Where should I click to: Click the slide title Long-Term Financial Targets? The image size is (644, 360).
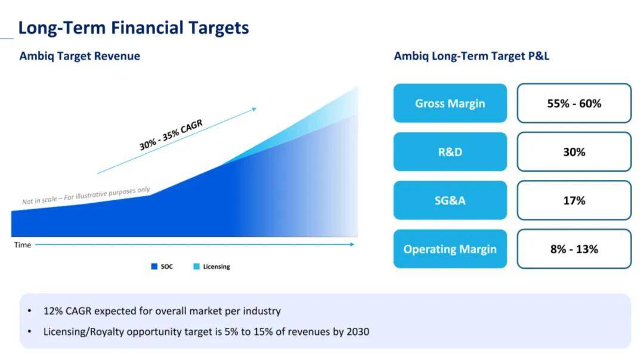[x=134, y=28]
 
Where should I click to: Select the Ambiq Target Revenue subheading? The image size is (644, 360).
[x=80, y=56]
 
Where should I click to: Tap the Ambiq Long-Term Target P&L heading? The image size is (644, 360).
[x=472, y=56]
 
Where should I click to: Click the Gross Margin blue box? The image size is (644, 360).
[x=450, y=103]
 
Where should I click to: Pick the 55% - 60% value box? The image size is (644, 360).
[x=574, y=103]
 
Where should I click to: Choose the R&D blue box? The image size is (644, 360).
[x=450, y=151]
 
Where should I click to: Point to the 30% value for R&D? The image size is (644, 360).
[x=574, y=151]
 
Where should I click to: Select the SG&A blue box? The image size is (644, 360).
[x=450, y=200]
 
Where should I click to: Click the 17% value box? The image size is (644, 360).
[x=574, y=200]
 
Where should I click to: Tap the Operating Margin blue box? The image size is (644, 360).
[x=450, y=249]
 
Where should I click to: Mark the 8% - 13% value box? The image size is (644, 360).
[x=574, y=249]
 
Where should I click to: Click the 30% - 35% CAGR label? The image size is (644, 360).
[x=171, y=135]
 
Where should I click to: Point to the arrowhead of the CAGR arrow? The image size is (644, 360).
[x=254, y=109]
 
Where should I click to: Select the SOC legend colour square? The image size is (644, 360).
[x=154, y=266]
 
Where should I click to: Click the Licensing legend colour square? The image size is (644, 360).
[x=196, y=266]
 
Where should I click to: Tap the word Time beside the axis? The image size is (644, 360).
[x=23, y=244]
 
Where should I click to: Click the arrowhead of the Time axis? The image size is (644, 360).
[x=352, y=244]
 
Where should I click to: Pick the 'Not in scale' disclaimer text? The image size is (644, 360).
[x=86, y=195]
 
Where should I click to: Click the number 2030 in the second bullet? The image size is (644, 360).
[x=358, y=331]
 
